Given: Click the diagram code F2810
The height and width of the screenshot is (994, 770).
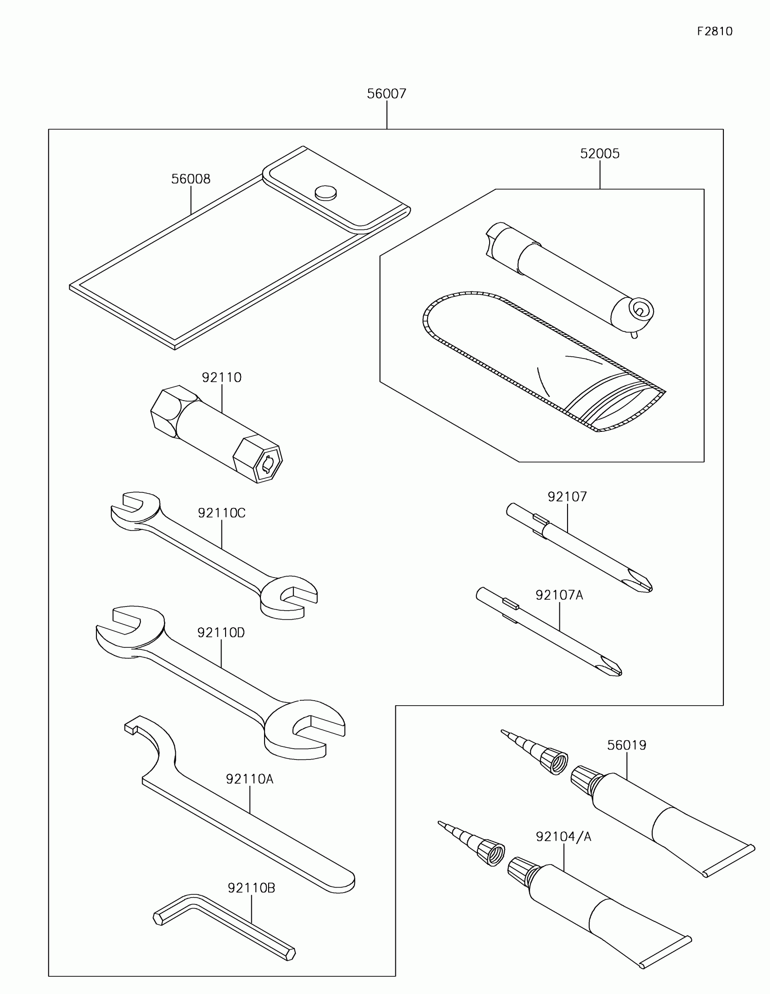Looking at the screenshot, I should (714, 31).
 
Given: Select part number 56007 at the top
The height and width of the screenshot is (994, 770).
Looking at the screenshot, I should (386, 94).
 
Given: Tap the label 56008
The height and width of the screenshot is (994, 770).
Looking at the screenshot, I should (191, 179).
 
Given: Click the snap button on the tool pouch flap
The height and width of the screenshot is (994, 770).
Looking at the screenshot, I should (326, 192).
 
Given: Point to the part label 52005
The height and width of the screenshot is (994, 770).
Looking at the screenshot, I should (600, 154).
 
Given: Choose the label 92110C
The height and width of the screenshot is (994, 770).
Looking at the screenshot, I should (221, 513).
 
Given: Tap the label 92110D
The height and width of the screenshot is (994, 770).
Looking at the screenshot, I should (221, 633).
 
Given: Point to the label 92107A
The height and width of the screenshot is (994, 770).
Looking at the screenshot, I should (559, 595).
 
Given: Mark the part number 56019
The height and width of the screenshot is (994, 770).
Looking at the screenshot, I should (626, 745).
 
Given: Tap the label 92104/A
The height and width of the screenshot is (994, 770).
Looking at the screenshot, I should (563, 837).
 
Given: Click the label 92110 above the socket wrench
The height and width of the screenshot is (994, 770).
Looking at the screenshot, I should (221, 378).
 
